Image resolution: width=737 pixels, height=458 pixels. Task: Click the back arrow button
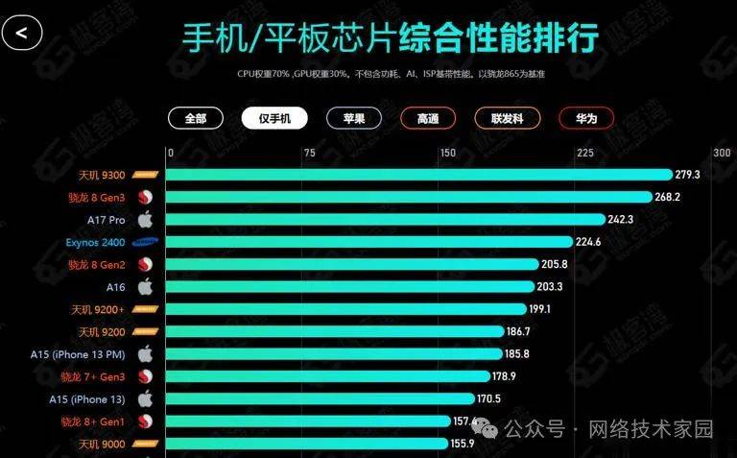[22, 33]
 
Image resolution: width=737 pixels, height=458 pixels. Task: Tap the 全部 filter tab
[196, 118]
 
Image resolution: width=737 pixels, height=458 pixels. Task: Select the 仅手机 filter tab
[274, 118]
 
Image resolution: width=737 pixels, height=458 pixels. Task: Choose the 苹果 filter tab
[353, 118]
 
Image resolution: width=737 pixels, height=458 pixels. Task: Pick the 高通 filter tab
[428, 118]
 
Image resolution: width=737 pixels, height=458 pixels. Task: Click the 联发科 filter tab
[506, 118]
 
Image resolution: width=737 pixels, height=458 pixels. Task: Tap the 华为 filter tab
[586, 118]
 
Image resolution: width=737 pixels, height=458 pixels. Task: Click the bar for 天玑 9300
[418, 175]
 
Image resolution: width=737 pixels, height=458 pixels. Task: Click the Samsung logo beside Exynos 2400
[146, 242]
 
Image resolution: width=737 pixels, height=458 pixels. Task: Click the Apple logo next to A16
[146, 286]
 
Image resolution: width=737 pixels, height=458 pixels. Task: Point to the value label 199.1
[540, 309]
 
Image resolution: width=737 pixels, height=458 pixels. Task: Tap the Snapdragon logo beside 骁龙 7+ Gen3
[146, 376]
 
